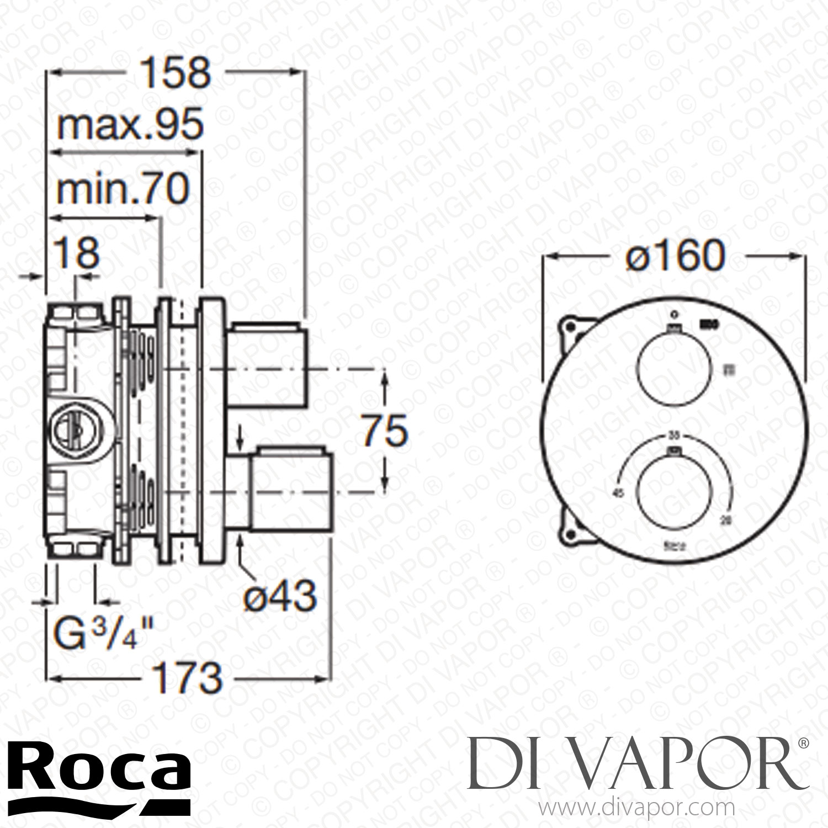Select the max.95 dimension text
(x=130, y=125)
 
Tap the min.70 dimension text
(x=123, y=189)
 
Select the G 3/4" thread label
(x=103, y=635)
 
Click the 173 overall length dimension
(x=188, y=678)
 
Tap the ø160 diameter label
(x=675, y=256)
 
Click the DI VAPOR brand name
(x=638, y=763)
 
